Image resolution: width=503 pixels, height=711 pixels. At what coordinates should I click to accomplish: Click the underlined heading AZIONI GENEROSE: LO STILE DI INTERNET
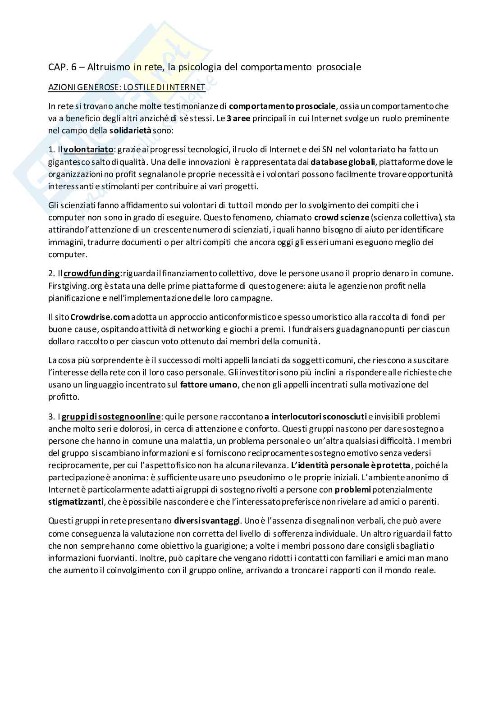tap(127, 87)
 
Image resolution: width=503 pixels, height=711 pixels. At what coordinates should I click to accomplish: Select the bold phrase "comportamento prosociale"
tap(282, 106)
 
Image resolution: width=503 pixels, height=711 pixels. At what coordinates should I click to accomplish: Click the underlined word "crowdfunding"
tap(92, 273)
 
